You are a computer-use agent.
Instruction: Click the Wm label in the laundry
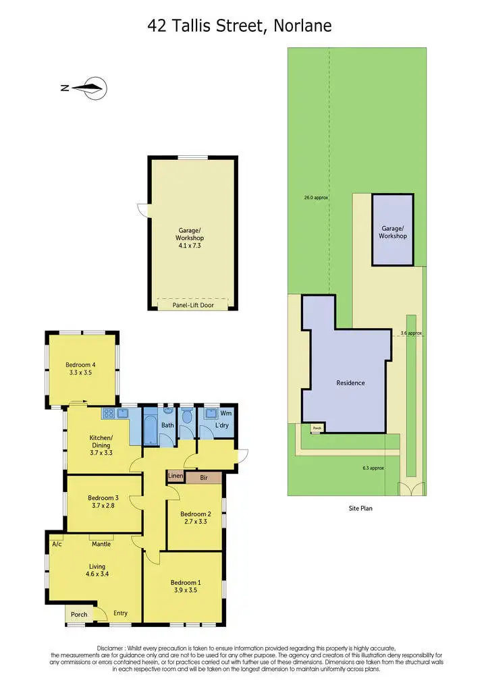[227, 412]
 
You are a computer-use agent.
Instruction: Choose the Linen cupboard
[175, 477]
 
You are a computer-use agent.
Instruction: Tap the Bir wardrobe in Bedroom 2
[203, 477]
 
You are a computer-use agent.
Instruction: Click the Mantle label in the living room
[101, 543]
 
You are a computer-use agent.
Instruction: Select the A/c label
[56, 543]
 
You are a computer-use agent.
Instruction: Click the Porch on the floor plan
[79, 614]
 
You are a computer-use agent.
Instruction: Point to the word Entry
[121, 613]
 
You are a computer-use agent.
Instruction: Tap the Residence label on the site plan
[350, 383]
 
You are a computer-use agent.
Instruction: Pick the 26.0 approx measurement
[316, 198]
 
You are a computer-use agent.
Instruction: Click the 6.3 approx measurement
[373, 468]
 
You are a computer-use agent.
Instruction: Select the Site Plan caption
[355, 508]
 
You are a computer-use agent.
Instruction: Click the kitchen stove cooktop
[109, 413]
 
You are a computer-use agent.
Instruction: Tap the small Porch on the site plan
[317, 427]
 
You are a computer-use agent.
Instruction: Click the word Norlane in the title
[304, 26]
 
